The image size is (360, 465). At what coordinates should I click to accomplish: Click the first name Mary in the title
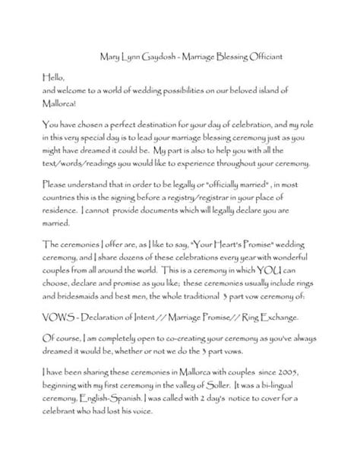[x=112, y=54]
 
